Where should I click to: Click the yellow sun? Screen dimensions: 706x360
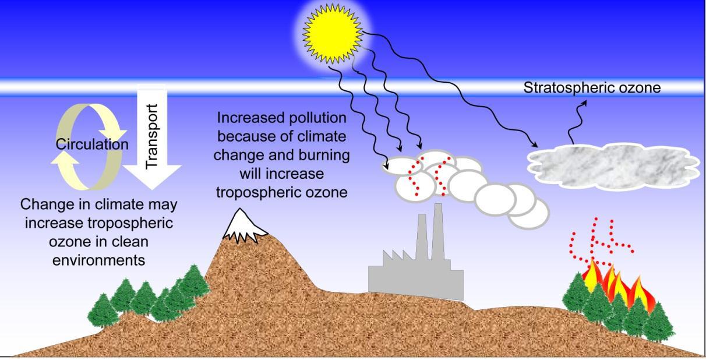[332, 33]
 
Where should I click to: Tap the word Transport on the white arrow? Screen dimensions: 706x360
[151, 137]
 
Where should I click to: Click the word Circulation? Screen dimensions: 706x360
[92, 144]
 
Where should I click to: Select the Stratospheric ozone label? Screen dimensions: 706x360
[592, 89]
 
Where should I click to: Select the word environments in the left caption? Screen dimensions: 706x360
[98, 260]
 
